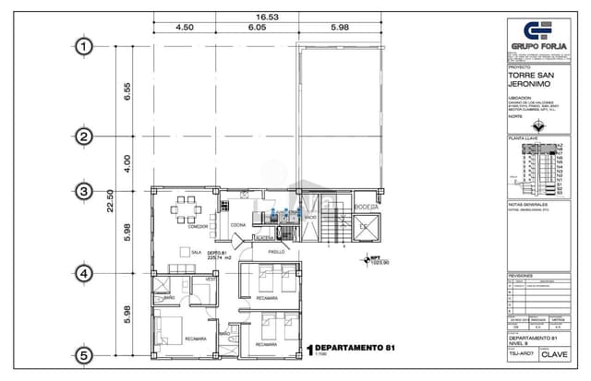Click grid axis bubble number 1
pos(85,46)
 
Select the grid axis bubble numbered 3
pos(85,192)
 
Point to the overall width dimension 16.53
pos(267,17)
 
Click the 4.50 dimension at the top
pos(184,28)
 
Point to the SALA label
pos(196,251)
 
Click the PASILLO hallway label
pos(277,249)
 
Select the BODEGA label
pos(368,206)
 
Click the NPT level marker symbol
pos(364,260)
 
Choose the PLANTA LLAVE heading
pos(524,137)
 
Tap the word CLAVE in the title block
pos(554,353)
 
